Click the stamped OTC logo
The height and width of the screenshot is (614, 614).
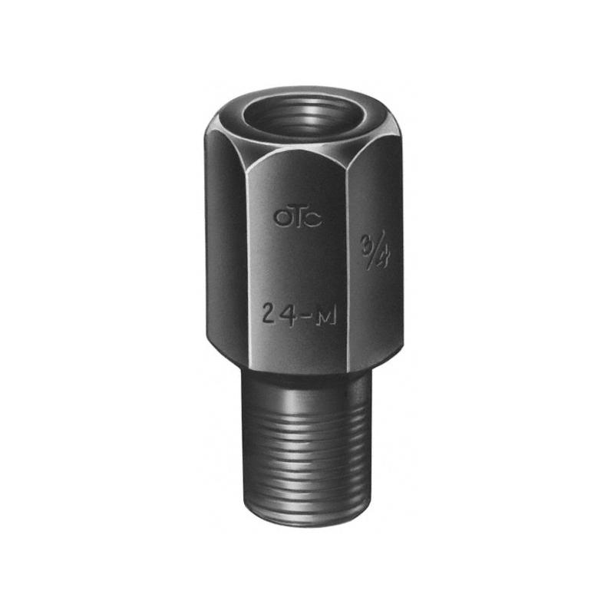tap(298, 217)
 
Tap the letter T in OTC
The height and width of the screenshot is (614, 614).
tap(298, 217)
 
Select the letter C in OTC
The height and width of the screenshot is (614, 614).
tap(314, 219)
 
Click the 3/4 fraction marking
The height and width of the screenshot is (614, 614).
tap(375, 249)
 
